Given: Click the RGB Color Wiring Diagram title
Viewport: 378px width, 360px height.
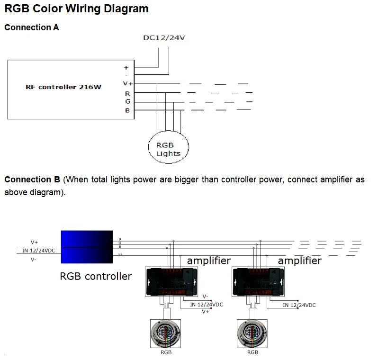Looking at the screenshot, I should [76, 9].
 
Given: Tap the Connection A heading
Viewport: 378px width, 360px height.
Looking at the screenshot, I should [32, 27].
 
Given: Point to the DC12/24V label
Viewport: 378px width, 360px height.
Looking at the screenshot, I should [164, 37].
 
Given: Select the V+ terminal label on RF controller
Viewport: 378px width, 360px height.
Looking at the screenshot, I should [126, 83].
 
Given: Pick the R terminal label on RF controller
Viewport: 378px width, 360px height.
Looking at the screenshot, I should [127, 93].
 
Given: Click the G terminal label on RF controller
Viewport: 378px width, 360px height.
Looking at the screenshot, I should [127, 102].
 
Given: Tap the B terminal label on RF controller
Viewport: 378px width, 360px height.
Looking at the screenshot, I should [127, 111].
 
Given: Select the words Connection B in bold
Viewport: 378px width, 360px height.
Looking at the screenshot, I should [32, 180].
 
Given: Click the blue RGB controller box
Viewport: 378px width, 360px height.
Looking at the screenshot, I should [87, 247].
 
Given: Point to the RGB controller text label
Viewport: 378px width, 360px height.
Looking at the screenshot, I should [96, 276].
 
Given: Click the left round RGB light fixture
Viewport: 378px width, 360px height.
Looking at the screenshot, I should [165, 332].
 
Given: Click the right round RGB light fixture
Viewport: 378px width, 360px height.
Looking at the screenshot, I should [253, 332].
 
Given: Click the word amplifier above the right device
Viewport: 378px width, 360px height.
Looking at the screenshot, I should [299, 261].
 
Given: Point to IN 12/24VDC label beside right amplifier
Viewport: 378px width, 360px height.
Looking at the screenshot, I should [299, 305].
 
